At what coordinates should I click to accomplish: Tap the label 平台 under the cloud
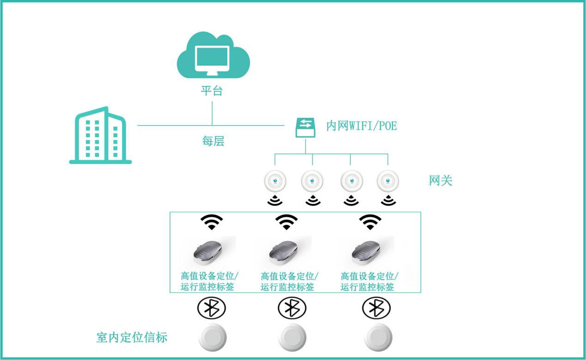[212, 91]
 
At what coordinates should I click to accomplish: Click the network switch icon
[305, 127]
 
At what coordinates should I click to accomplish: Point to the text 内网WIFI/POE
[361, 126]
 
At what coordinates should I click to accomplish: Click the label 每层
[213, 141]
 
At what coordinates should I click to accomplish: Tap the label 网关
[440, 181]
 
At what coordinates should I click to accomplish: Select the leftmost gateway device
[275, 182]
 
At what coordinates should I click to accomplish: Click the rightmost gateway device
[388, 182]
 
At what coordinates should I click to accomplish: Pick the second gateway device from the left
[312, 182]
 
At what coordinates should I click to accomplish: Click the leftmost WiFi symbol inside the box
[212, 222]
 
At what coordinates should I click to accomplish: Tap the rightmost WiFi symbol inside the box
[370, 222]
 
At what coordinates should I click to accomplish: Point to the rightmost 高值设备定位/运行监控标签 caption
[369, 281]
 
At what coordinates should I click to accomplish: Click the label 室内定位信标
[132, 337]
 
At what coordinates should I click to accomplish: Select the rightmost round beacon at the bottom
[378, 339]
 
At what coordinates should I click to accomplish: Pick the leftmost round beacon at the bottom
[213, 339]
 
